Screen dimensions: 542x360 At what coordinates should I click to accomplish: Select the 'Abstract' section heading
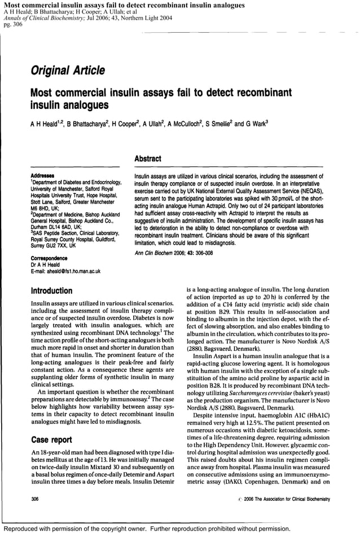[x=147, y=159]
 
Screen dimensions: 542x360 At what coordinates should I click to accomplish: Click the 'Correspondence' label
[x=51, y=258]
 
